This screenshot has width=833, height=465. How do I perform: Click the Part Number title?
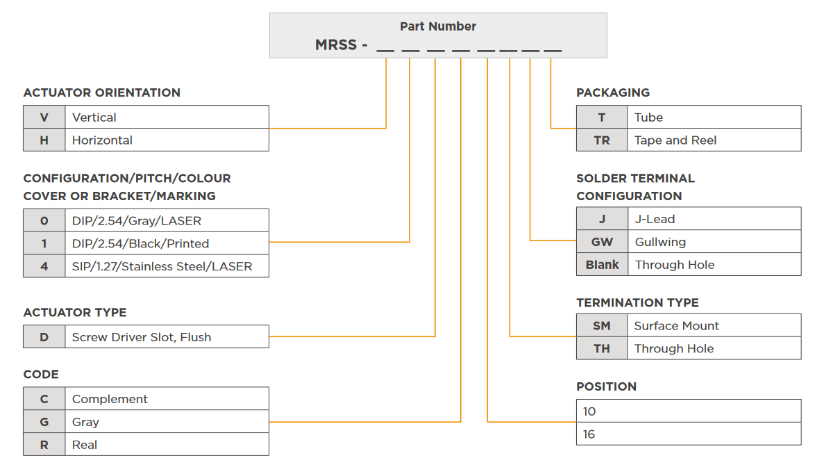[438, 26]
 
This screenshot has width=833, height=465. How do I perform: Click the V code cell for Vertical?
[44, 117]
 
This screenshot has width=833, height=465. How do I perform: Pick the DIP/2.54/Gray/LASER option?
[137, 221]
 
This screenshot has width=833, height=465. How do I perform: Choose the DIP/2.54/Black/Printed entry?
[140, 244]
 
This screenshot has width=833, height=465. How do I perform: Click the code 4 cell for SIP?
[44, 266]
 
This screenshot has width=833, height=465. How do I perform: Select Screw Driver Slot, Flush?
[142, 337]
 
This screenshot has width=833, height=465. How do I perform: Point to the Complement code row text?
[110, 399]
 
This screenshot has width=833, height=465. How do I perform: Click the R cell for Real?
[44, 445]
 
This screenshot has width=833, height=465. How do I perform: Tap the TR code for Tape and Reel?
[602, 140]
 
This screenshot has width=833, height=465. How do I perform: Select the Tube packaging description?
[648, 117]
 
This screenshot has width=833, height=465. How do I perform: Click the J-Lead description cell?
[655, 219]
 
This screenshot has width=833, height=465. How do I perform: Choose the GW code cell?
[602, 242]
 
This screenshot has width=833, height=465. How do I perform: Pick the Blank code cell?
[602, 265]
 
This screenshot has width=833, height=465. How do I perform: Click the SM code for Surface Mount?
[602, 326]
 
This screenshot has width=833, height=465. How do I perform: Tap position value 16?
[589, 434]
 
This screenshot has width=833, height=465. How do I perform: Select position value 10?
[589, 411]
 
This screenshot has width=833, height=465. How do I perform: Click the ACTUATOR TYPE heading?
[75, 313]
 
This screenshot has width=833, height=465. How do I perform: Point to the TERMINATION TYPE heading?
[637, 303]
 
